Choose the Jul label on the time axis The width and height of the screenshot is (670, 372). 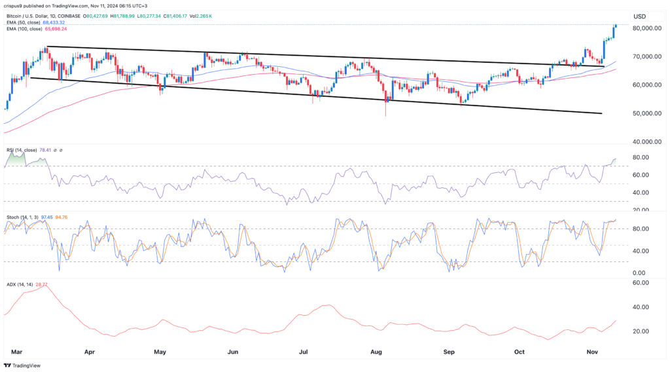click(304, 351)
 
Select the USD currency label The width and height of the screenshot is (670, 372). click(639, 16)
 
